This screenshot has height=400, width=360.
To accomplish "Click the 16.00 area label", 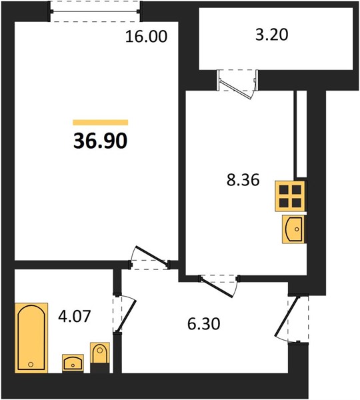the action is (147, 36).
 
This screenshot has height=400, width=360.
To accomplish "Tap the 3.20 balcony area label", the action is (272, 35).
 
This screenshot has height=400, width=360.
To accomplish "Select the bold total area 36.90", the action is (100, 141).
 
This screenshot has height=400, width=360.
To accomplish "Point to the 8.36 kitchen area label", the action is (243, 179).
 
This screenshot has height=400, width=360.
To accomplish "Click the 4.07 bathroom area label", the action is (75, 316).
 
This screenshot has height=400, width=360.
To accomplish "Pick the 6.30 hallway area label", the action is (203, 324).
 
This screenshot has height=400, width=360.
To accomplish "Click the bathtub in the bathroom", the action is (31, 337).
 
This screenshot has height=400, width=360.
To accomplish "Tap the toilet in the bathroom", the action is (100, 357).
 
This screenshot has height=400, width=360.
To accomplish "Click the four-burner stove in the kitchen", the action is (290, 196).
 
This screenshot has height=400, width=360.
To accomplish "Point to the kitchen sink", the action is (293, 229).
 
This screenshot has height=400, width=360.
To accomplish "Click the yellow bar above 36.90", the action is (101, 123).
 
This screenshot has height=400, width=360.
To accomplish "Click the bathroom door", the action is (125, 314).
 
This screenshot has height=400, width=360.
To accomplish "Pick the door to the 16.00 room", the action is (150, 258).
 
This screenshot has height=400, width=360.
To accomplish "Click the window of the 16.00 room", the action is (95, 11).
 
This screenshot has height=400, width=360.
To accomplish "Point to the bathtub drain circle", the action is (31, 364).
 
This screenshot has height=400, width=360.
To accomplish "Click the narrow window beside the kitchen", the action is (301, 134).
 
